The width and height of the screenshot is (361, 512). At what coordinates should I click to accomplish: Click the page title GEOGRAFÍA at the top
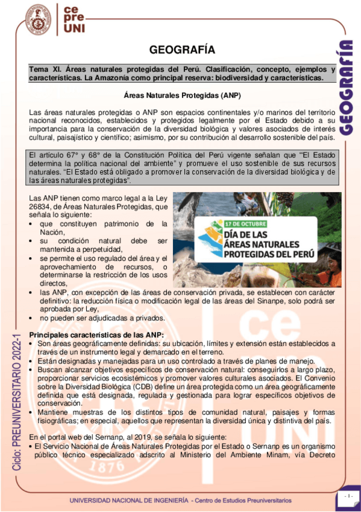point(181,50)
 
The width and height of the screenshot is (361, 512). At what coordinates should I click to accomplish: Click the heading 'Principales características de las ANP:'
point(96,335)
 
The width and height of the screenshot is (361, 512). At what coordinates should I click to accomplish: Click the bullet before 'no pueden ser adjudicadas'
point(32,318)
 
